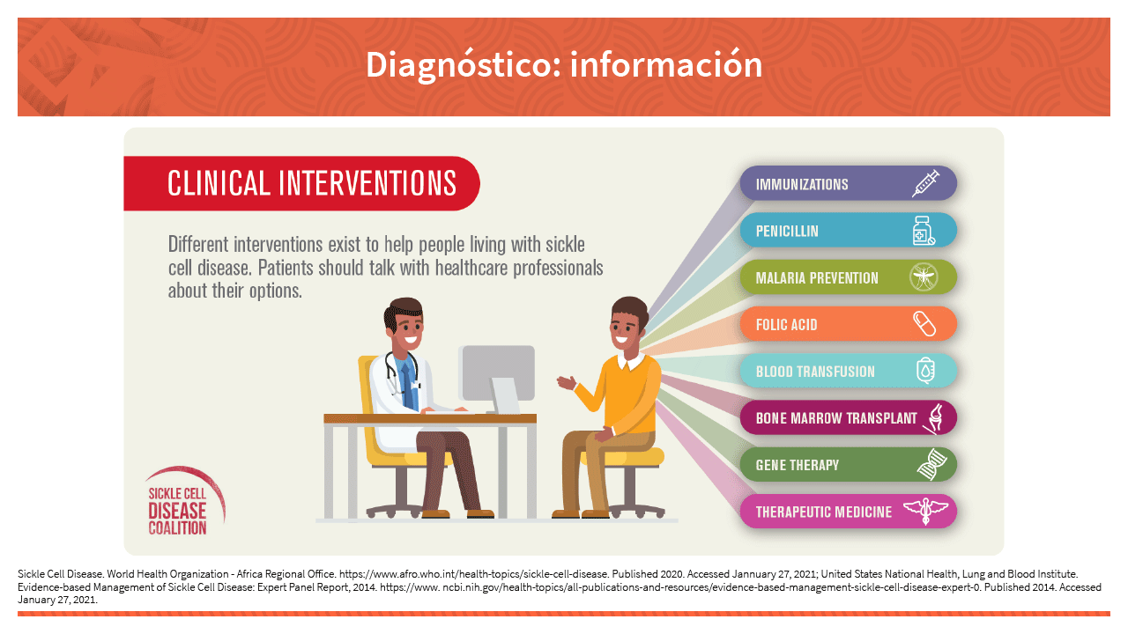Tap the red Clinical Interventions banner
click(301, 183)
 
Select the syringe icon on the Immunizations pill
click(925, 184)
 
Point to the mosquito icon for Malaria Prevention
click(924, 277)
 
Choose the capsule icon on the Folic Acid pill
click(924, 324)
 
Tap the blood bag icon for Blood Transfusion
click(925, 371)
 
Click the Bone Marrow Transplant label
click(836, 418)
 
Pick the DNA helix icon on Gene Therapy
click(931, 464)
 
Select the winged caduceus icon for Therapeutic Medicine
click(926, 512)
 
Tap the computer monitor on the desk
click(497, 379)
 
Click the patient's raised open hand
click(567, 383)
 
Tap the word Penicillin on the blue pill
click(787, 231)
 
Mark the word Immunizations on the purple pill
click(802, 184)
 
